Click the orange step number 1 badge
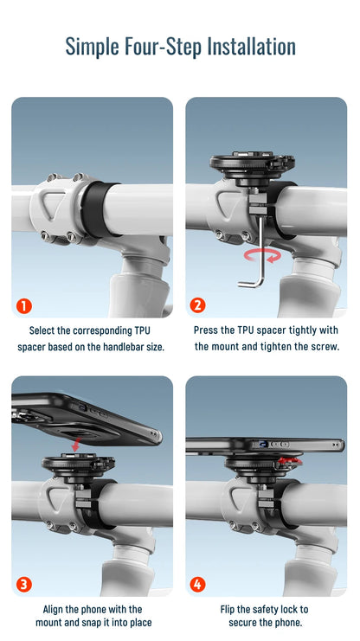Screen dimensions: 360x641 click(24, 305)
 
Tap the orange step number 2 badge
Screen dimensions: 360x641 click(197, 305)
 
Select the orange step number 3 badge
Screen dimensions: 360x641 click(24, 585)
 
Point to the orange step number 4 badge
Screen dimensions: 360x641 click(197, 585)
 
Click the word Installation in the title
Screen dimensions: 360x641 click(251, 46)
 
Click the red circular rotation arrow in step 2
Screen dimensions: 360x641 click(262, 255)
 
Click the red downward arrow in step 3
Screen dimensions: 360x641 click(75, 445)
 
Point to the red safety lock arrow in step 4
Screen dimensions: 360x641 click(290, 462)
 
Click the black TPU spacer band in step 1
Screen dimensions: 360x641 click(97, 208)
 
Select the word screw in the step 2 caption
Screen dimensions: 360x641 click(327, 347)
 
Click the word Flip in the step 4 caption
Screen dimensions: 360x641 click(228, 610)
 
